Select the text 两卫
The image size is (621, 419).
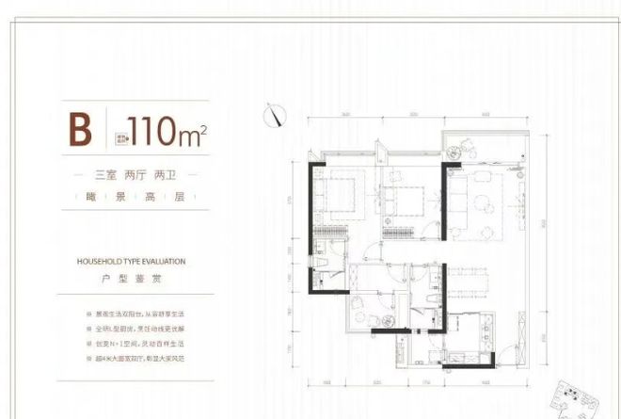180,174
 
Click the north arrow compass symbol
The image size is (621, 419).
277,114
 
